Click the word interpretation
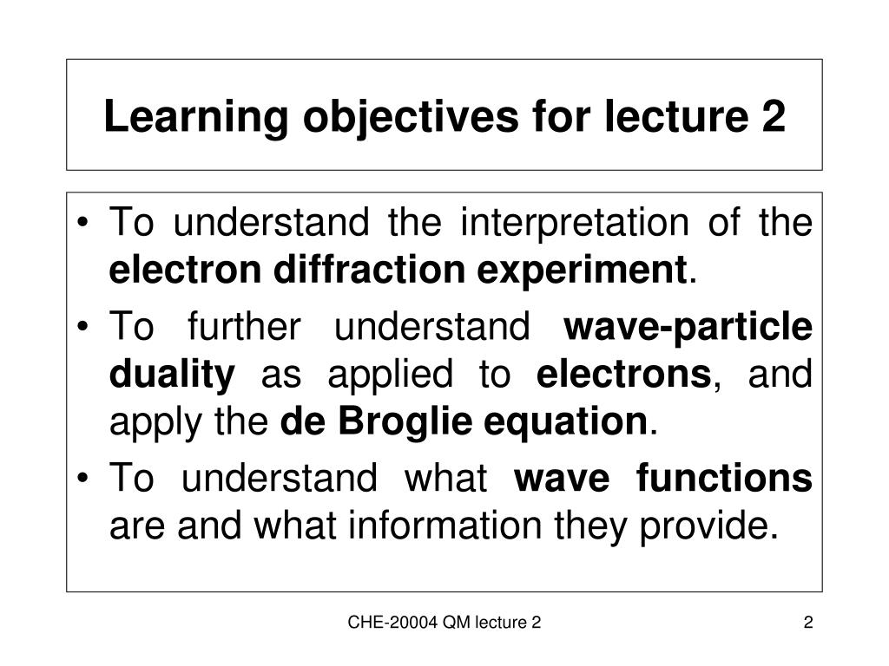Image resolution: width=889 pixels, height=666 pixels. coord(575,224)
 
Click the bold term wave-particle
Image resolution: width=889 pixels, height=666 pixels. coord(688,329)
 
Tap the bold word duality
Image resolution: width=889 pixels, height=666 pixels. coord(172,375)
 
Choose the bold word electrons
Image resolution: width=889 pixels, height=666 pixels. coord(623,375)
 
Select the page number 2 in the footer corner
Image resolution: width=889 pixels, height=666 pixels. coord(807,622)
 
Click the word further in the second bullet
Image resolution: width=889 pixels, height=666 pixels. coord(244,329)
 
